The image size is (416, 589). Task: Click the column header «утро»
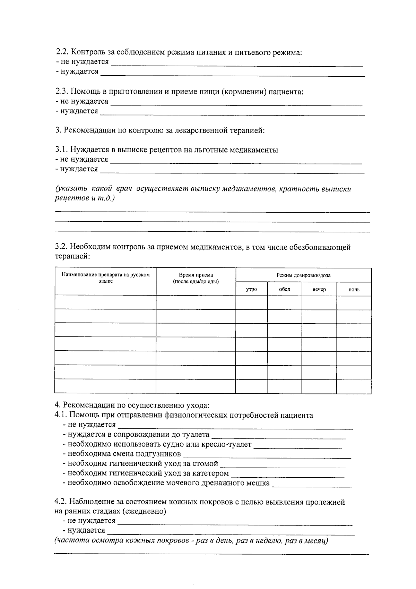251,289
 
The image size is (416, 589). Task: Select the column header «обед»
284,289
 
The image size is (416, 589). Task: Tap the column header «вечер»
319,289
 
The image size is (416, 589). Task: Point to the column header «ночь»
354,289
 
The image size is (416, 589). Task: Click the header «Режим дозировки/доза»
303,275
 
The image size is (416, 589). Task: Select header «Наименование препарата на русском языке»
106,278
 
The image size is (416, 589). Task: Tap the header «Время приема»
196,275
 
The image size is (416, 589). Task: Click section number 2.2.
63,52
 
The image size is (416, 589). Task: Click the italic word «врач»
124,189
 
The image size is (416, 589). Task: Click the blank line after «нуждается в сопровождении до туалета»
278,436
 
